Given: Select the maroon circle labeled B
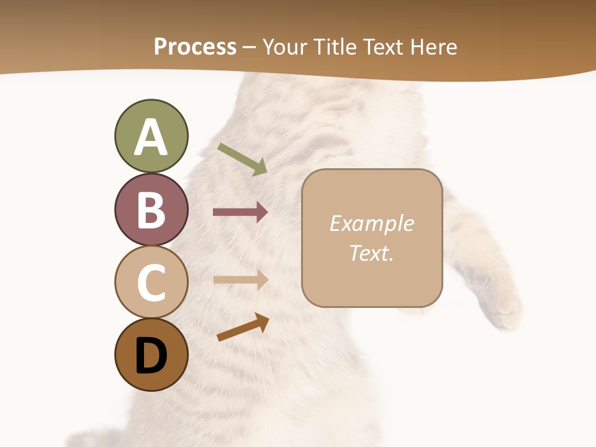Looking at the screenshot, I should tap(151, 209).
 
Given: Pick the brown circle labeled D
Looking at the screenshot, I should tap(151, 354).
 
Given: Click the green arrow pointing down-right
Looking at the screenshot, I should tap(242, 159).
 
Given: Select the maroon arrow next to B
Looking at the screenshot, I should tap(240, 212).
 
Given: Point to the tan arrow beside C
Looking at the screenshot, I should tap(240, 280).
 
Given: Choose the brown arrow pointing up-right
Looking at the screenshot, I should tap(243, 327).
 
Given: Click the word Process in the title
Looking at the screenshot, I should tap(195, 47).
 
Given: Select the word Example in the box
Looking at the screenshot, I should tap(371, 223).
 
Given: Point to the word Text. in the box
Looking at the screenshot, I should tap(371, 253).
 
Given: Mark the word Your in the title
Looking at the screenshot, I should tap(283, 47).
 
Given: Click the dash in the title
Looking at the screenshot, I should tap(249, 48).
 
